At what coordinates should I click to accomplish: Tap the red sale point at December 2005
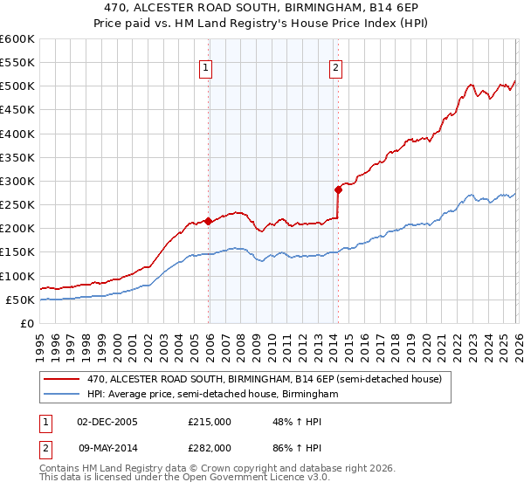[208, 221]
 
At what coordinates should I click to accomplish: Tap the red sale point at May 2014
[338, 189]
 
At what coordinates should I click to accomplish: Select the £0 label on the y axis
[27, 324]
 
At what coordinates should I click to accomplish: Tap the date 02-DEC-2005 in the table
[107, 422]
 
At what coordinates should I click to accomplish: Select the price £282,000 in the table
[210, 447]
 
